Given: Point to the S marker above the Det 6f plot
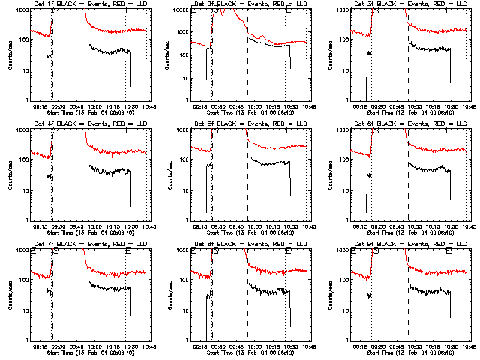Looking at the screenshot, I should click(x=376, y=130).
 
